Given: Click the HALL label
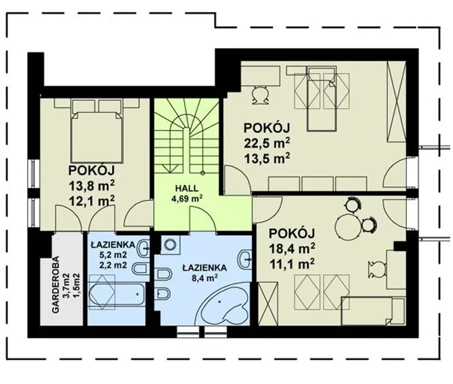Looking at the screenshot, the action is point(187,189).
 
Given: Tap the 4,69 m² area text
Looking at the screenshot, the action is point(187,199).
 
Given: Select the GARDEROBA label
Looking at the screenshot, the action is point(56,284).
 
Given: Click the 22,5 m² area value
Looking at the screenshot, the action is point(267,143).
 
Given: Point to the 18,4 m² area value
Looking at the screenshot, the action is point(292,249).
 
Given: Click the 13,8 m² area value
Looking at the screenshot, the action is point(92,186).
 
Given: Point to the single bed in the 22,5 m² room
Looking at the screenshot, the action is point(321,99).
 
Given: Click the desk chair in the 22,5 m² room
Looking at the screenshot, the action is point(260,95).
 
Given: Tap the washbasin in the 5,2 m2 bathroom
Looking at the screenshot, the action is point(143,249).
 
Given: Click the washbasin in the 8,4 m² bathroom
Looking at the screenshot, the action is point(245,260).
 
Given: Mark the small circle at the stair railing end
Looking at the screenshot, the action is point(203,173).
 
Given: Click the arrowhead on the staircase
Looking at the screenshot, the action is point(170,169).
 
